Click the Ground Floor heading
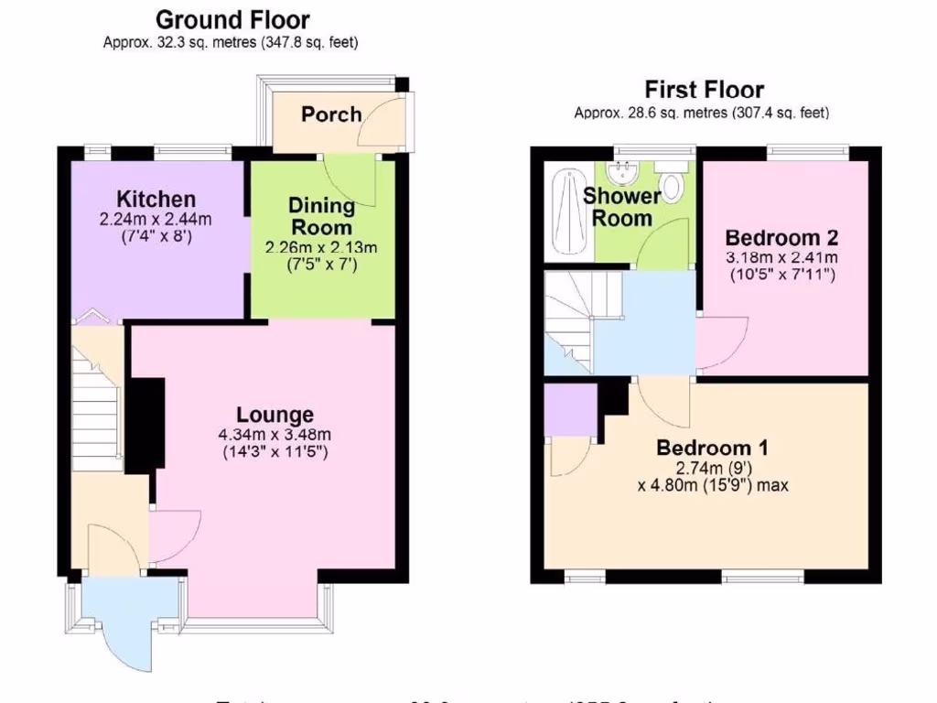232,19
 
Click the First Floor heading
704,90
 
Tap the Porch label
331,114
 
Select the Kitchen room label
156,200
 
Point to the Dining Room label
320,216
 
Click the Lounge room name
275,415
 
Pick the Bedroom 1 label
712,449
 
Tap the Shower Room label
621,207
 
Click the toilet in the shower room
673,184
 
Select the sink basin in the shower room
625,171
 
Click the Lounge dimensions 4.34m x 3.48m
275,435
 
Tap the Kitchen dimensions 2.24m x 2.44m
156,220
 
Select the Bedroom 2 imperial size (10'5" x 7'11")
781,274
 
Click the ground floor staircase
96,412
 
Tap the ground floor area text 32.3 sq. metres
169,42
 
